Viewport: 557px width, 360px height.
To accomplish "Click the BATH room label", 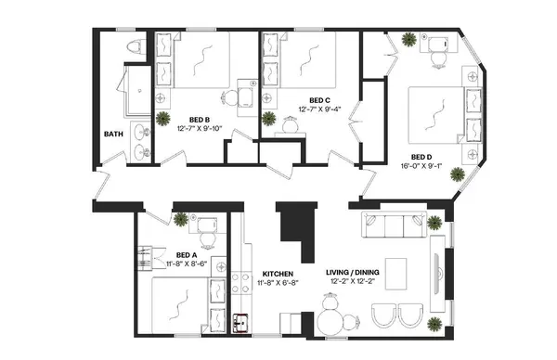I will click(114, 134).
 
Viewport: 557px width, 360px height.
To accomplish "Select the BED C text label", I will click(319, 100).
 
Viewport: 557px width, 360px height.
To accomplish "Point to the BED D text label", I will click(422, 157).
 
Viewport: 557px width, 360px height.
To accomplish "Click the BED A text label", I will click(187, 254).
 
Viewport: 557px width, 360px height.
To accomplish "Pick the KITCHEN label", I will click(278, 273).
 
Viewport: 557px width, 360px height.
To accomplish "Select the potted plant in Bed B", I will click(163, 117).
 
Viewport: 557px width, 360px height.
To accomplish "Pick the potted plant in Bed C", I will click(269, 118).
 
